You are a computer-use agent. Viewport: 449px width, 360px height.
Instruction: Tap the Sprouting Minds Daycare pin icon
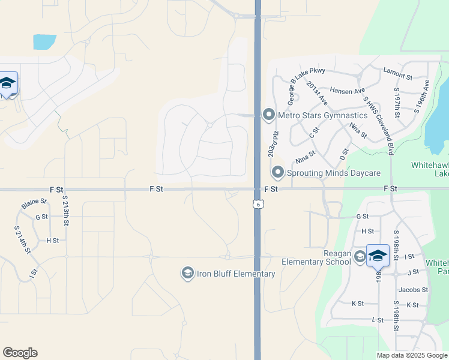(277, 173)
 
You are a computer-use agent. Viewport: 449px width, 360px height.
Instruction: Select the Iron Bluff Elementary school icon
(187, 274)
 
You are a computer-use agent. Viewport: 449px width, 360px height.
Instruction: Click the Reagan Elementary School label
(316, 257)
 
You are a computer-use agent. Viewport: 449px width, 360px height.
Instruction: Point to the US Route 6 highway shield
(258, 205)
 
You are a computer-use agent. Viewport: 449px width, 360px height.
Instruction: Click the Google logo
(20, 353)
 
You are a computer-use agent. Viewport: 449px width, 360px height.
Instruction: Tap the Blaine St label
(34, 203)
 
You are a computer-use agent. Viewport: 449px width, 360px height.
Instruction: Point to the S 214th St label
(22, 239)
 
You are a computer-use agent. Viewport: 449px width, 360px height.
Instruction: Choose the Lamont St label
(397, 77)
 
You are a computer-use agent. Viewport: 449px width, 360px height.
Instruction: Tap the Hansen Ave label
(347, 91)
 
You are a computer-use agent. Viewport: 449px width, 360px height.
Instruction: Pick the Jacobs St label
(413, 289)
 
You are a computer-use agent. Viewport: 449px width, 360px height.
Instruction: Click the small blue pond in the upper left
(44, 42)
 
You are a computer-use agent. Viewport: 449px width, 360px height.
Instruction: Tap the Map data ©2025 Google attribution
(412, 355)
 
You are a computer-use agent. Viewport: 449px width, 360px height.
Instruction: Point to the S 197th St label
(397, 103)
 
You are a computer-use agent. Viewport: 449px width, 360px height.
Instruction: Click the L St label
(378, 320)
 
